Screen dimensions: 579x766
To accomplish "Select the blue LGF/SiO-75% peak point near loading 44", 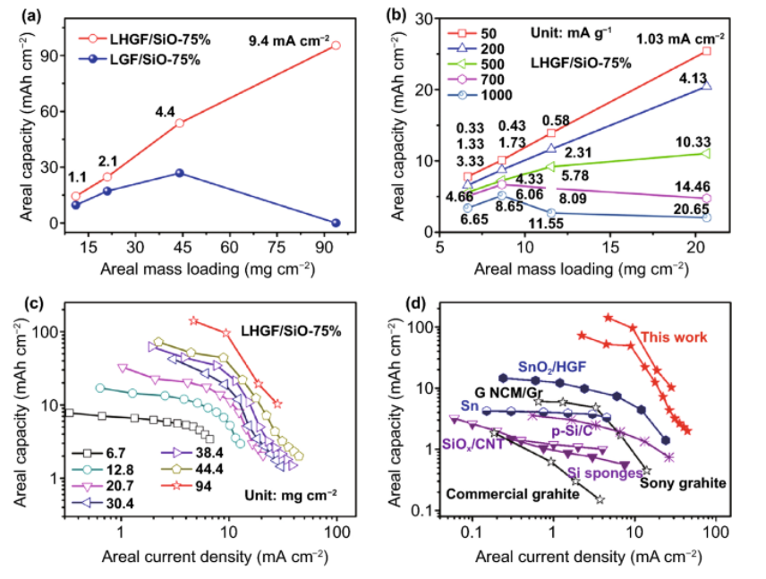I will [180, 173].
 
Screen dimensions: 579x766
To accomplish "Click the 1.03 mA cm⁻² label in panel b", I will [680, 38].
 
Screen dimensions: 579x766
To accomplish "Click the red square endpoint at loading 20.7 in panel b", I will [706, 51].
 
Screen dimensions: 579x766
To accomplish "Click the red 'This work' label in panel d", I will [674, 337].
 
